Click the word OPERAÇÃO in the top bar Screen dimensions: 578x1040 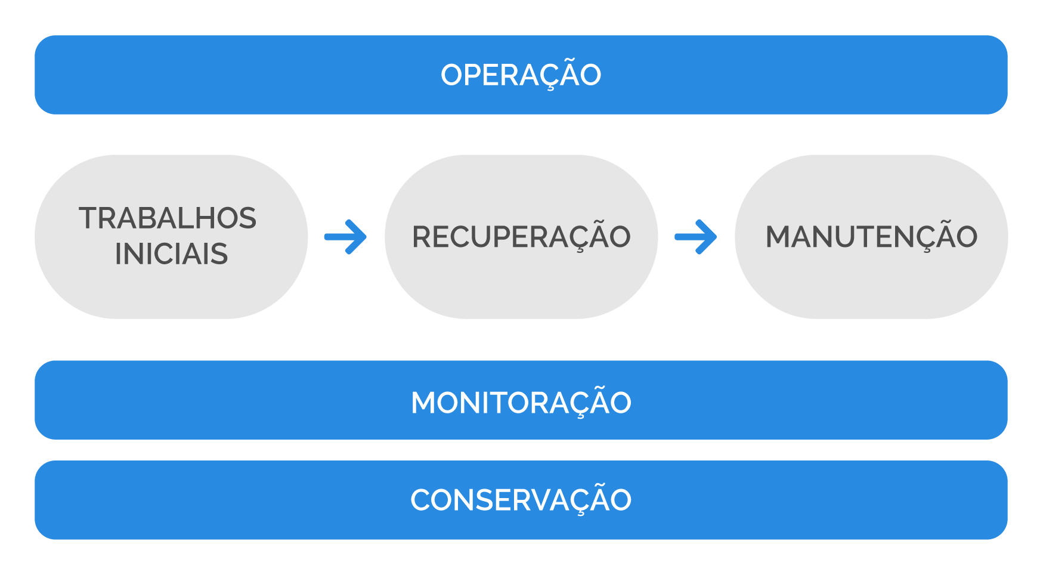point(521,75)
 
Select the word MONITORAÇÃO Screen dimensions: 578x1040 point(521,403)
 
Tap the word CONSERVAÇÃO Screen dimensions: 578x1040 point(521,500)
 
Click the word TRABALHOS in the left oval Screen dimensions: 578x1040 point(168,218)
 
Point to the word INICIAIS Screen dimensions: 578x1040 point(171,254)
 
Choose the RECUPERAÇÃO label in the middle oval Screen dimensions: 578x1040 point(521,237)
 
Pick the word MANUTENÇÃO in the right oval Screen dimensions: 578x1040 point(871,237)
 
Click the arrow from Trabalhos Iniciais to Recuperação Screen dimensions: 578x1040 point(346,237)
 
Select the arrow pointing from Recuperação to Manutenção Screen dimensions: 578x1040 point(696,237)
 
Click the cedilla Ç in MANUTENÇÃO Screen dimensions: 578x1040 point(926,239)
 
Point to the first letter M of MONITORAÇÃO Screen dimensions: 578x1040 point(424,403)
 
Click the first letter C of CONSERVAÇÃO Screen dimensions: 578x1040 point(421,500)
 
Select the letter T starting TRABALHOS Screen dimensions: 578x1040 point(89,218)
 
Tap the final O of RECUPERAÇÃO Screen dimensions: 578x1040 point(618,237)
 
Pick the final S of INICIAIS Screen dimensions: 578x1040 point(219,254)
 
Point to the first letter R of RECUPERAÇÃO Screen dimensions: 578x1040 point(423,237)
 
